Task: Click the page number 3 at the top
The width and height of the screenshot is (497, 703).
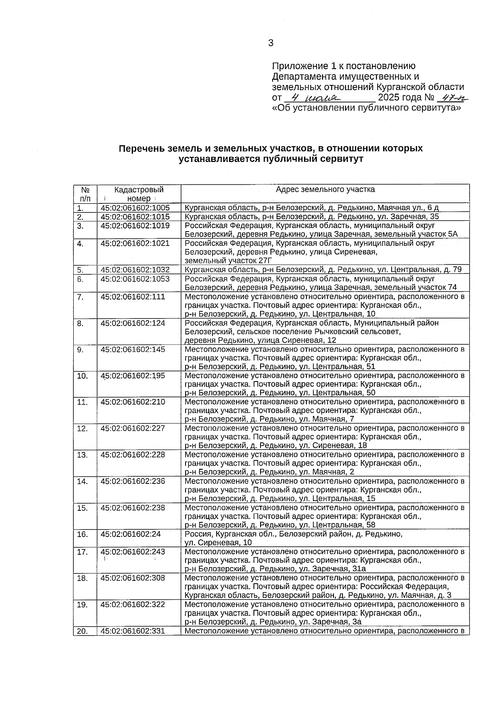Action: (x=271, y=43)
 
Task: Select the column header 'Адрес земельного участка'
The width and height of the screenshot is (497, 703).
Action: (x=325, y=190)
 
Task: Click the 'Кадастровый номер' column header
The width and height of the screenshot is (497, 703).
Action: (x=139, y=194)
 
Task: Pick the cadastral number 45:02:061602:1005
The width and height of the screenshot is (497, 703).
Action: (x=135, y=208)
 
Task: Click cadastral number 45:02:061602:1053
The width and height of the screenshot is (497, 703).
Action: (x=135, y=279)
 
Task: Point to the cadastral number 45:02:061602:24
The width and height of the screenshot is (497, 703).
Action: (x=130, y=534)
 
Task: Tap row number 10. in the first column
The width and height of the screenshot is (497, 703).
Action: (x=82, y=376)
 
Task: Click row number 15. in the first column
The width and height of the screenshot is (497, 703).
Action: (x=82, y=508)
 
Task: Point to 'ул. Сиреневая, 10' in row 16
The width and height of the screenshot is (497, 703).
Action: (x=218, y=543)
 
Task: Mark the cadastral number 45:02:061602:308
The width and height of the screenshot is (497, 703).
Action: (x=133, y=578)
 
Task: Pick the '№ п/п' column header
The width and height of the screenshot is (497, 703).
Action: (x=85, y=194)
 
